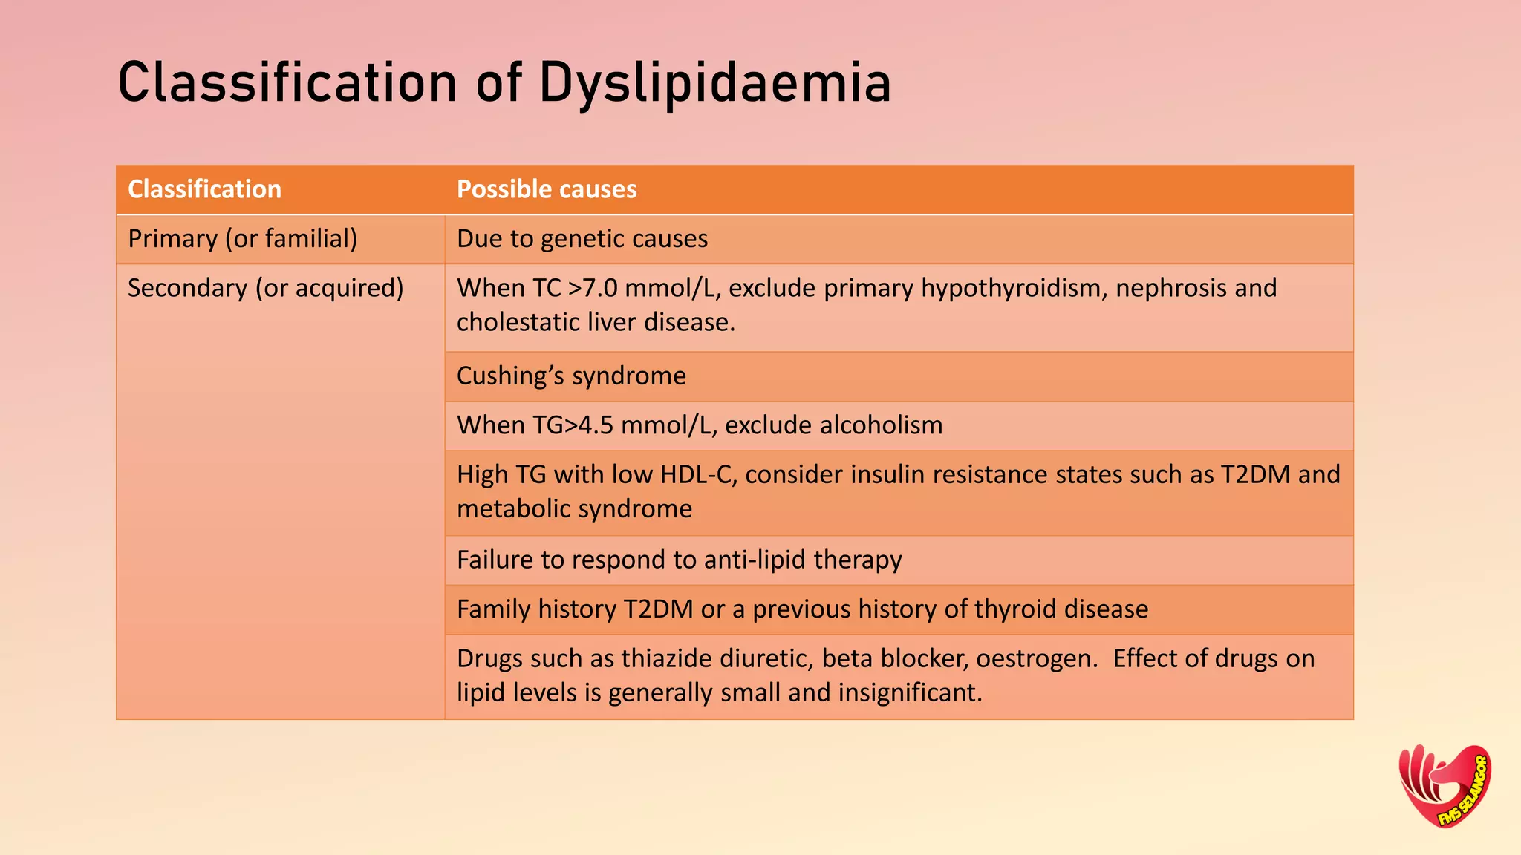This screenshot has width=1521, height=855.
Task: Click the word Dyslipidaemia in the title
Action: (714, 83)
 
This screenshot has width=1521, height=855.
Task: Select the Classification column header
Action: (204, 189)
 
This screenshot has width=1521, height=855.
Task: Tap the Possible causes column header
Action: (547, 189)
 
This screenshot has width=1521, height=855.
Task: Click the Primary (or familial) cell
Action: (242, 239)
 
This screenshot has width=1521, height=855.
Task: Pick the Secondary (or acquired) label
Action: (265, 288)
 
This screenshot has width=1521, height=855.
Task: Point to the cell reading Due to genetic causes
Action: (582, 239)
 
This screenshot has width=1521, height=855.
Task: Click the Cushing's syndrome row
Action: (571, 376)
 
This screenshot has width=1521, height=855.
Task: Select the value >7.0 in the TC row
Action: (593, 288)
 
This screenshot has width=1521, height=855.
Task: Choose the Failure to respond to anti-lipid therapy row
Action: (679, 560)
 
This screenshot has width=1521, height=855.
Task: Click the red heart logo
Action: (1445, 786)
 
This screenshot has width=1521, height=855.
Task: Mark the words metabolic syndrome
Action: (574, 509)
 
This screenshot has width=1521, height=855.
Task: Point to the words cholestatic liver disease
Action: (596, 323)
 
